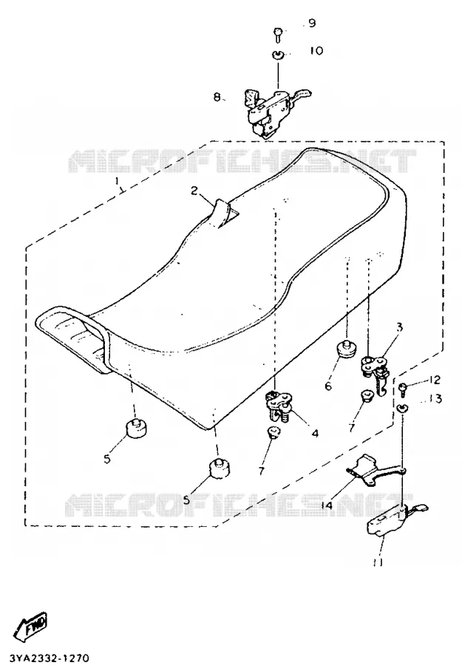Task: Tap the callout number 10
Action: [x=316, y=50]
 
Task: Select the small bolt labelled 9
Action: [x=277, y=34]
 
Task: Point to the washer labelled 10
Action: [x=277, y=55]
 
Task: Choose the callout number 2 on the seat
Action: [x=194, y=191]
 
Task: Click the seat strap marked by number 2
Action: [x=224, y=214]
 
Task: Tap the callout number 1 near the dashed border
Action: [x=118, y=182]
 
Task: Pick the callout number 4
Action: [x=314, y=434]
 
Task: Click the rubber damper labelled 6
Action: [x=347, y=349]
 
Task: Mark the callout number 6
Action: [x=328, y=386]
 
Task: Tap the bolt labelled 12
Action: [x=403, y=389]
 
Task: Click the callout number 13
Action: [x=435, y=399]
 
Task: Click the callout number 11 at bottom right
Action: [x=378, y=562]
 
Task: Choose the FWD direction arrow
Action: [x=31, y=627]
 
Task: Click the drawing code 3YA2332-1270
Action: [x=45, y=658]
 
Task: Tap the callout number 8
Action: [x=217, y=98]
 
